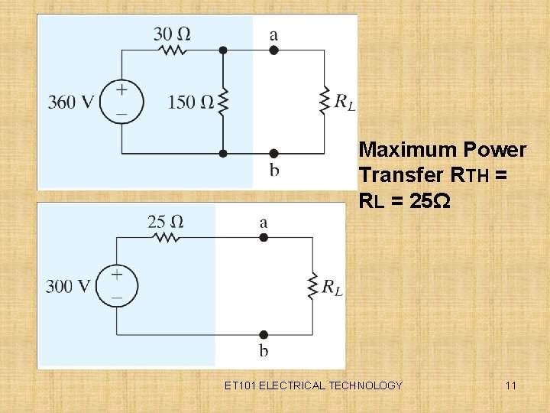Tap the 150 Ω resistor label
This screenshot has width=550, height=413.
[x=192, y=102]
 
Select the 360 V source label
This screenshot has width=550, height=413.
[x=71, y=102]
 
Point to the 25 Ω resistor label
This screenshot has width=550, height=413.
[x=166, y=222]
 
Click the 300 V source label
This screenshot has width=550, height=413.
[x=69, y=286]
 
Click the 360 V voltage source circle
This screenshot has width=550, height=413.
[x=121, y=101]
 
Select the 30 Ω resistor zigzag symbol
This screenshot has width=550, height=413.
[x=173, y=50]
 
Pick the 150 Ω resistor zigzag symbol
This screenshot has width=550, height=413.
[x=223, y=101]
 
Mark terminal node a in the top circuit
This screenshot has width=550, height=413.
[x=273, y=50]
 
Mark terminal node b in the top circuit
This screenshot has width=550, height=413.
[x=273, y=154]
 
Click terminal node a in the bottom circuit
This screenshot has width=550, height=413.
[x=264, y=238]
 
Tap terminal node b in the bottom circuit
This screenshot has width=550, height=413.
[x=264, y=334]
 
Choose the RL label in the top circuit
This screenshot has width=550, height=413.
[x=345, y=100]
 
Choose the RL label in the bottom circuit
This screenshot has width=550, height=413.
[x=332, y=287]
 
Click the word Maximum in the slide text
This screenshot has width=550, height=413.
[x=403, y=148]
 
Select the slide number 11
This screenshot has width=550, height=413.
[x=510, y=385]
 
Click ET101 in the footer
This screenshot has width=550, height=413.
[x=241, y=385]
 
